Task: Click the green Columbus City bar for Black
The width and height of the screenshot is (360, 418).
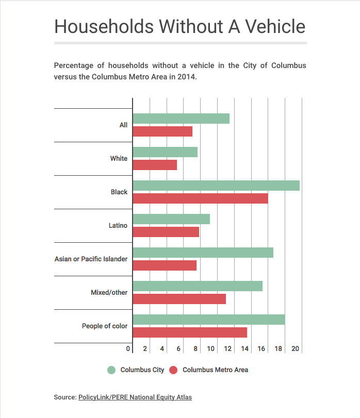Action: [x=216, y=186]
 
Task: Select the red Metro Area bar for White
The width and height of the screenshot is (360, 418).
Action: [x=155, y=165]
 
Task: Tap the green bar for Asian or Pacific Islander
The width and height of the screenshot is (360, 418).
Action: [x=203, y=253]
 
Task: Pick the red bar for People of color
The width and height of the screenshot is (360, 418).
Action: [x=190, y=332]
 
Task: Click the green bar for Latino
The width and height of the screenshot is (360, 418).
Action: [x=171, y=219]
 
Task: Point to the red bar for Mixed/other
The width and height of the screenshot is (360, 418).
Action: [x=179, y=299]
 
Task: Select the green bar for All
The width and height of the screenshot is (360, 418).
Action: [x=181, y=119]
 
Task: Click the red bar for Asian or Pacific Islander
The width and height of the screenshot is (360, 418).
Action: [x=165, y=265]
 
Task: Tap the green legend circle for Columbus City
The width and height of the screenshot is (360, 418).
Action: [x=111, y=370]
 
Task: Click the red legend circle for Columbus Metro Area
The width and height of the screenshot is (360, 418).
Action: [x=173, y=370]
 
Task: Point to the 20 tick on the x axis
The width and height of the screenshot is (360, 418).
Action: [x=296, y=349]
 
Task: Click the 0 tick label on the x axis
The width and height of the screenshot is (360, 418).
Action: [x=128, y=349]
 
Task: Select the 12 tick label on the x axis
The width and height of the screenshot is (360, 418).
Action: [x=228, y=349]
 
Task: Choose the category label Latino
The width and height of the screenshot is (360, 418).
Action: [x=119, y=225]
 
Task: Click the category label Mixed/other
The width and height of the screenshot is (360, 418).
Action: [x=109, y=292]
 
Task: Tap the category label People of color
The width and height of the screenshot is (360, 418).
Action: [x=105, y=326]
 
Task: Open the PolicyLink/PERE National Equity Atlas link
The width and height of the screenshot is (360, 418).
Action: [x=135, y=397]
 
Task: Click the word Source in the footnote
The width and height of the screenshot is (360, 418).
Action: [x=64, y=397]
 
